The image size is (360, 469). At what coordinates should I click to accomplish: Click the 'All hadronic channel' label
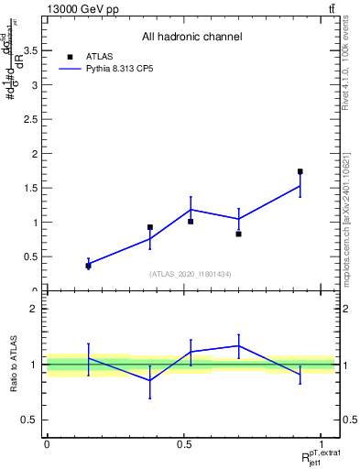click(x=191, y=37)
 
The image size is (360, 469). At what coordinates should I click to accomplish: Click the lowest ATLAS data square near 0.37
click(x=88, y=266)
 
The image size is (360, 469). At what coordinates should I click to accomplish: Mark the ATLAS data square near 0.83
click(x=238, y=234)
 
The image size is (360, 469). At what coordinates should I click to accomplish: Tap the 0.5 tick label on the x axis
click(x=184, y=444)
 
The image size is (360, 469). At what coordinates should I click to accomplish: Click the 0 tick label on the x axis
click(x=47, y=444)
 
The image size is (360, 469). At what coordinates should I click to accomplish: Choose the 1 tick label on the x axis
click(x=322, y=444)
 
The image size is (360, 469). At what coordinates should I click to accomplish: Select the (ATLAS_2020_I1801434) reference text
click(x=191, y=274)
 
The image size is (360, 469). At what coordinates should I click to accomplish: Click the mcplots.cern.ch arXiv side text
click(x=349, y=206)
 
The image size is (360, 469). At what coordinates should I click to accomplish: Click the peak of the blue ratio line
click(x=238, y=345)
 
